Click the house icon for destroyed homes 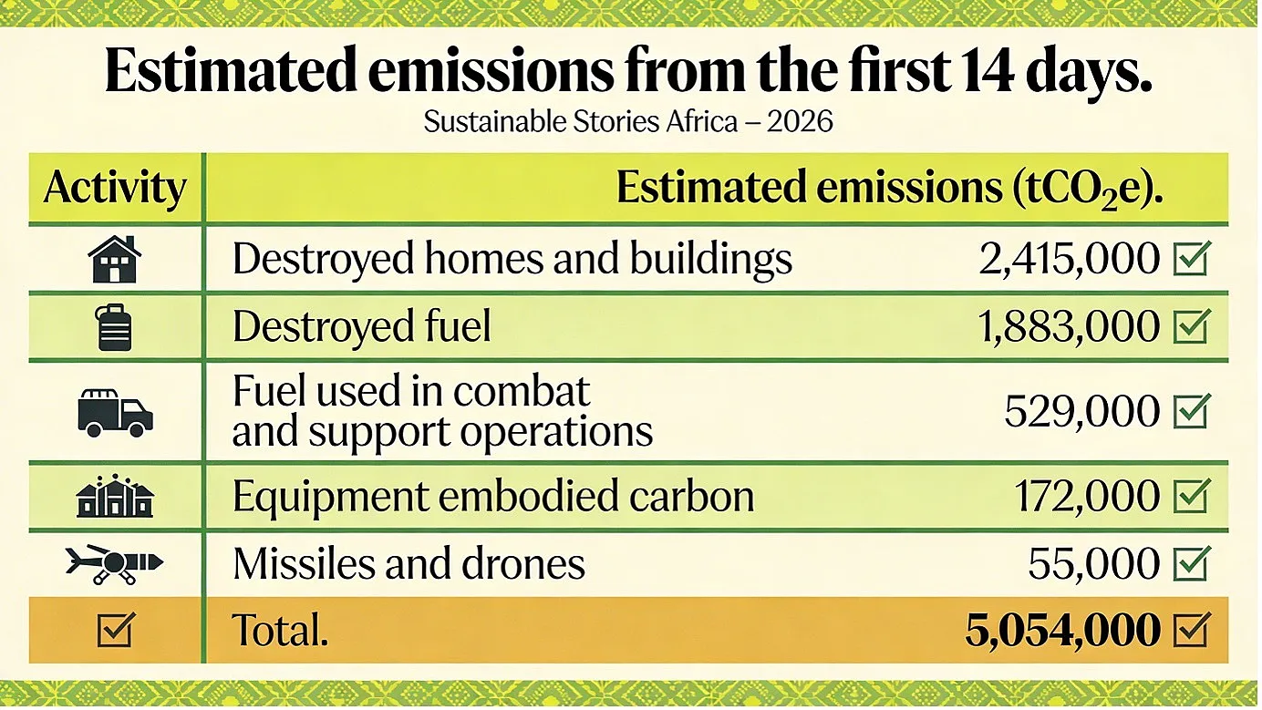tap(114, 259)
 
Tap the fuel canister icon tap(114, 327)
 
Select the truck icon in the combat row tap(115, 413)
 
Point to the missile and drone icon tap(114, 563)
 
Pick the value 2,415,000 tap(1070, 260)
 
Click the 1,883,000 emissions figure tap(1069, 327)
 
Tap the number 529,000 tap(1082, 412)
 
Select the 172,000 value tap(1087, 496)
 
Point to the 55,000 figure tap(1094, 563)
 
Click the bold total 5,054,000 tap(1062, 630)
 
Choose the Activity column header tap(114, 188)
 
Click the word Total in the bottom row tap(279, 630)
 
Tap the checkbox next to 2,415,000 tap(1192, 259)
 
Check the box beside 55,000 tap(1192, 563)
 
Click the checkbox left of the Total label tap(116, 629)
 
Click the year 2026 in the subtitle tap(800, 121)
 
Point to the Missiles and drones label tap(409, 563)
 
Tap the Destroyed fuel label tap(362, 326)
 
